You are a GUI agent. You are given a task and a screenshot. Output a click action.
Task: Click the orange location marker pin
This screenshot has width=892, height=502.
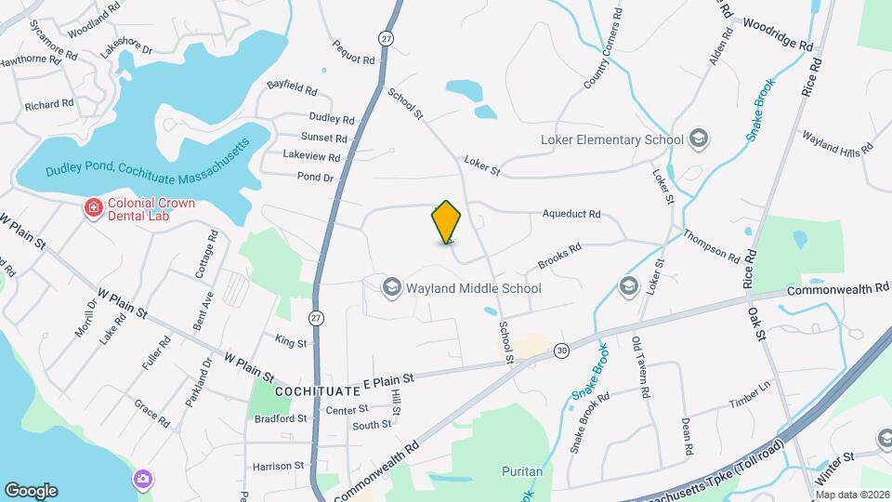(x=447, y=222)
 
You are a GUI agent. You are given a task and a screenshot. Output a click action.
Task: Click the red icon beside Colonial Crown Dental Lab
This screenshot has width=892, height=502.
(x=93, y=207)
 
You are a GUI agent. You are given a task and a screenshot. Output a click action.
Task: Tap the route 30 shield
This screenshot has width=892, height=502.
(x=561, y=350)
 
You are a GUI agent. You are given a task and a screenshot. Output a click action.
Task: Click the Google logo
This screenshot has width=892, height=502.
(x=30, y=491)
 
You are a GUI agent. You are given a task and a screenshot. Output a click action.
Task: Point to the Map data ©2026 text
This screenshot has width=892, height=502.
(x=852, y=495)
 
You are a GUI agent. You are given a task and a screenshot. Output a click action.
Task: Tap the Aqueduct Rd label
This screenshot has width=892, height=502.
(x=571, y=214)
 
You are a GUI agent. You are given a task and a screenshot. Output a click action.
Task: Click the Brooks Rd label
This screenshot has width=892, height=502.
(x=559, y=255)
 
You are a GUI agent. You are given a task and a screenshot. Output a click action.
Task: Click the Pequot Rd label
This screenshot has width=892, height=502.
(x=353, y=50)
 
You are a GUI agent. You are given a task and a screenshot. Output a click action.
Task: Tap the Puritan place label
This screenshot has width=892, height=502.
(x=521, y=471)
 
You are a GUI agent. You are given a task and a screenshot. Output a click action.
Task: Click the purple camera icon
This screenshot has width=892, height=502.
(x=143, y=479)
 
